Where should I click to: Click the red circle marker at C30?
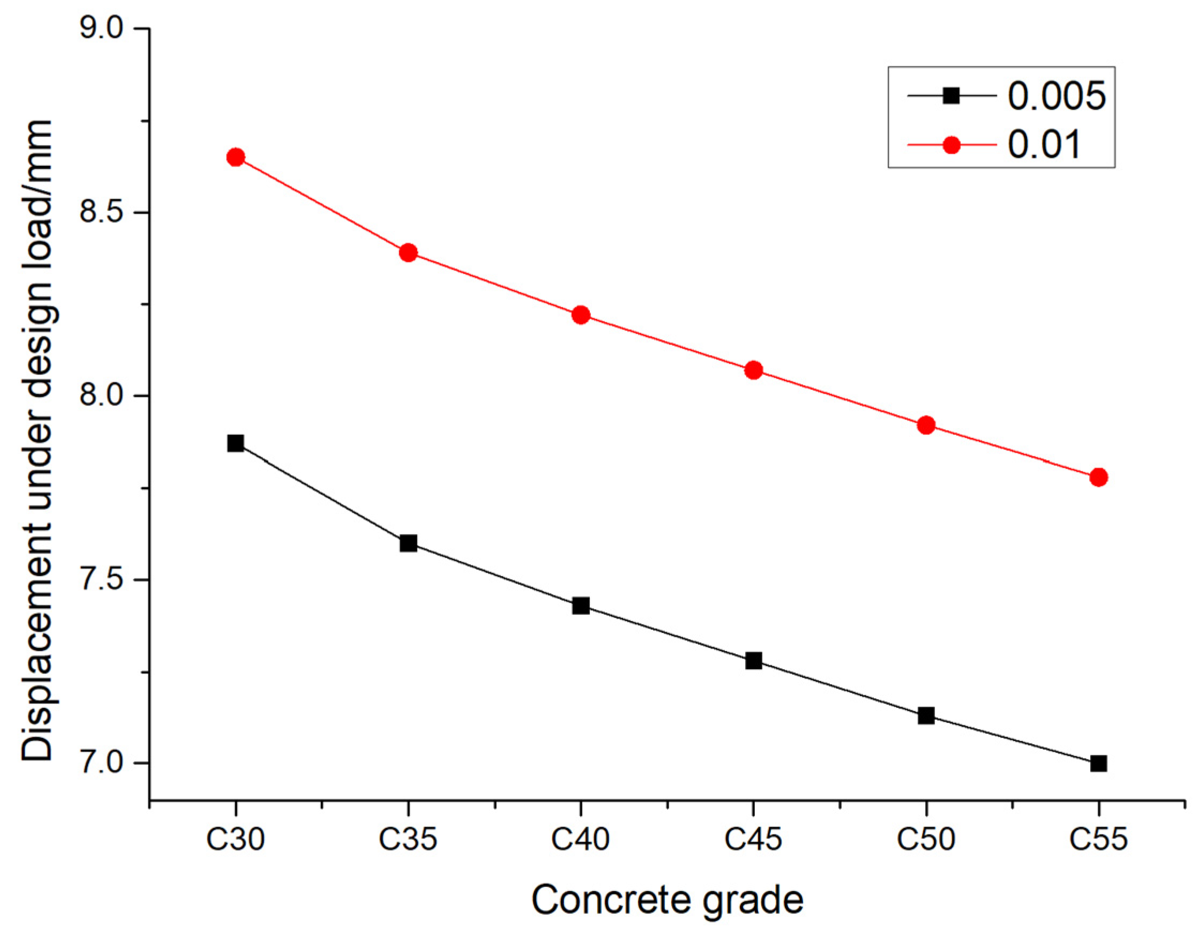pyautogui.click(x=236, y=157)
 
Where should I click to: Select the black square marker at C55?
pyautogui.click(x=1098, y=763)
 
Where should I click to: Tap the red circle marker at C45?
pyautogui.click(x=753, y=370)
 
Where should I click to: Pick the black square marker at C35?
pyautogui.click(x=408, y=544)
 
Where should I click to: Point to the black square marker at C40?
pyautogui.click(x=581, y=606)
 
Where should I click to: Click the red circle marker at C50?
pyautogui.click(x=926, y=425)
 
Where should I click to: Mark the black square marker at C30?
pyautogui.click(x=236, y=443)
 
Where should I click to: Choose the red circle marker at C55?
pyautogui.click(x=1098, y=477)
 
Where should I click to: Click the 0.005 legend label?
pyautogui.click(x=1056, y=96)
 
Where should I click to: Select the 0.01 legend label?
pyautogui.click(x=1044, y=145)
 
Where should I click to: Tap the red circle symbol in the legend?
pyautogui.click(x=951, y=145)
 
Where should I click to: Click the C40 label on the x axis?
pyautogui.click(x=581, y=840)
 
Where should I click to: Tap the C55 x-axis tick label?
pyautogui.click(x=1098, y=840)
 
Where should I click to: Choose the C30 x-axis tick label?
pyautogui.click(x=236, y=840)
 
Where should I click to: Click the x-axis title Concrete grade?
pyautogui.click(x=666, y=900)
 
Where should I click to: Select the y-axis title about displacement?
pyautogui.click(x=37, y=440)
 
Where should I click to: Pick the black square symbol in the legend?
pyautogui.click(x=951, y=96)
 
